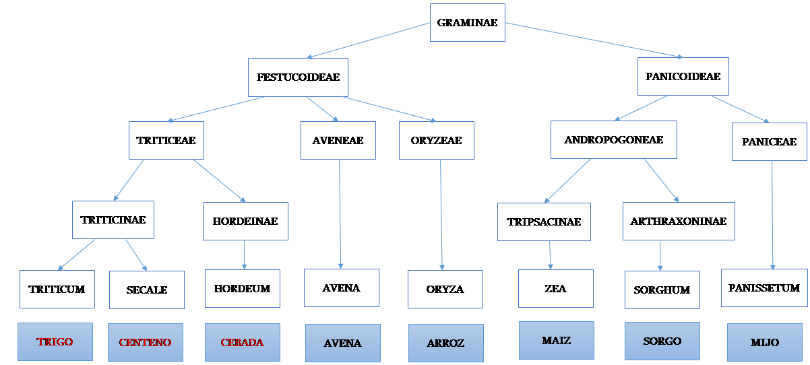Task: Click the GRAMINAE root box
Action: tap(467, 22)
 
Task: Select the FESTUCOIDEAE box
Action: tap(298, 77)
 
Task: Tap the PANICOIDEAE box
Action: tap(683, 76)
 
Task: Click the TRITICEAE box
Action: tap(166, 140)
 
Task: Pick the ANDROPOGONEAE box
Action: tap(614, 139)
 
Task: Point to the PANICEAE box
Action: tap(769, 141)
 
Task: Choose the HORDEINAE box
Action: tap(245, 221)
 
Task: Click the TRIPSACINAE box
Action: tap(544, 222)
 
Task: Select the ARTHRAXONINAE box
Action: tap(679, 221)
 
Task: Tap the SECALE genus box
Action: tap(147, 290)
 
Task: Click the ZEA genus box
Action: tap(555, 288)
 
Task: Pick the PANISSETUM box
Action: tap(764, 288)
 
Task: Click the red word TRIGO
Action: tap(55, 341)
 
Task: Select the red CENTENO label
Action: tap(145, 342)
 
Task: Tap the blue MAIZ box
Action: tap(556, 341)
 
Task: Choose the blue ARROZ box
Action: tap(446, 343)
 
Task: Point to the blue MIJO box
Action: tap(764, 342)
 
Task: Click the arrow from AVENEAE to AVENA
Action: tap(340, 214)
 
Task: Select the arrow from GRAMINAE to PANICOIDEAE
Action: tap(594, 40)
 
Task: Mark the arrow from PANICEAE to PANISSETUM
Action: tap(772, 215)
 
